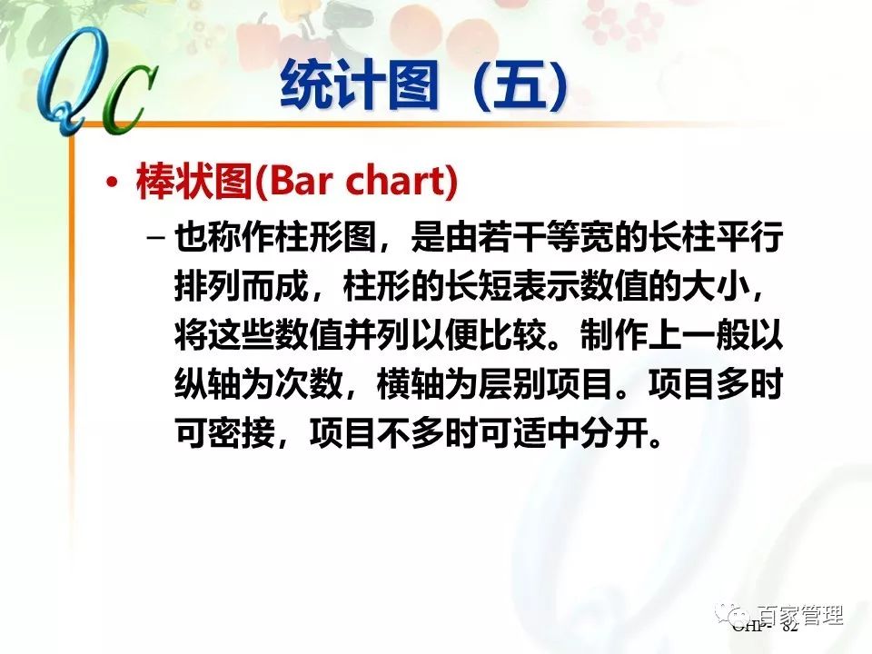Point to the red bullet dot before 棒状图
click(112, 183)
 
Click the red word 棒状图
click(192, 183)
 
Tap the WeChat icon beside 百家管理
click(733, 615)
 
